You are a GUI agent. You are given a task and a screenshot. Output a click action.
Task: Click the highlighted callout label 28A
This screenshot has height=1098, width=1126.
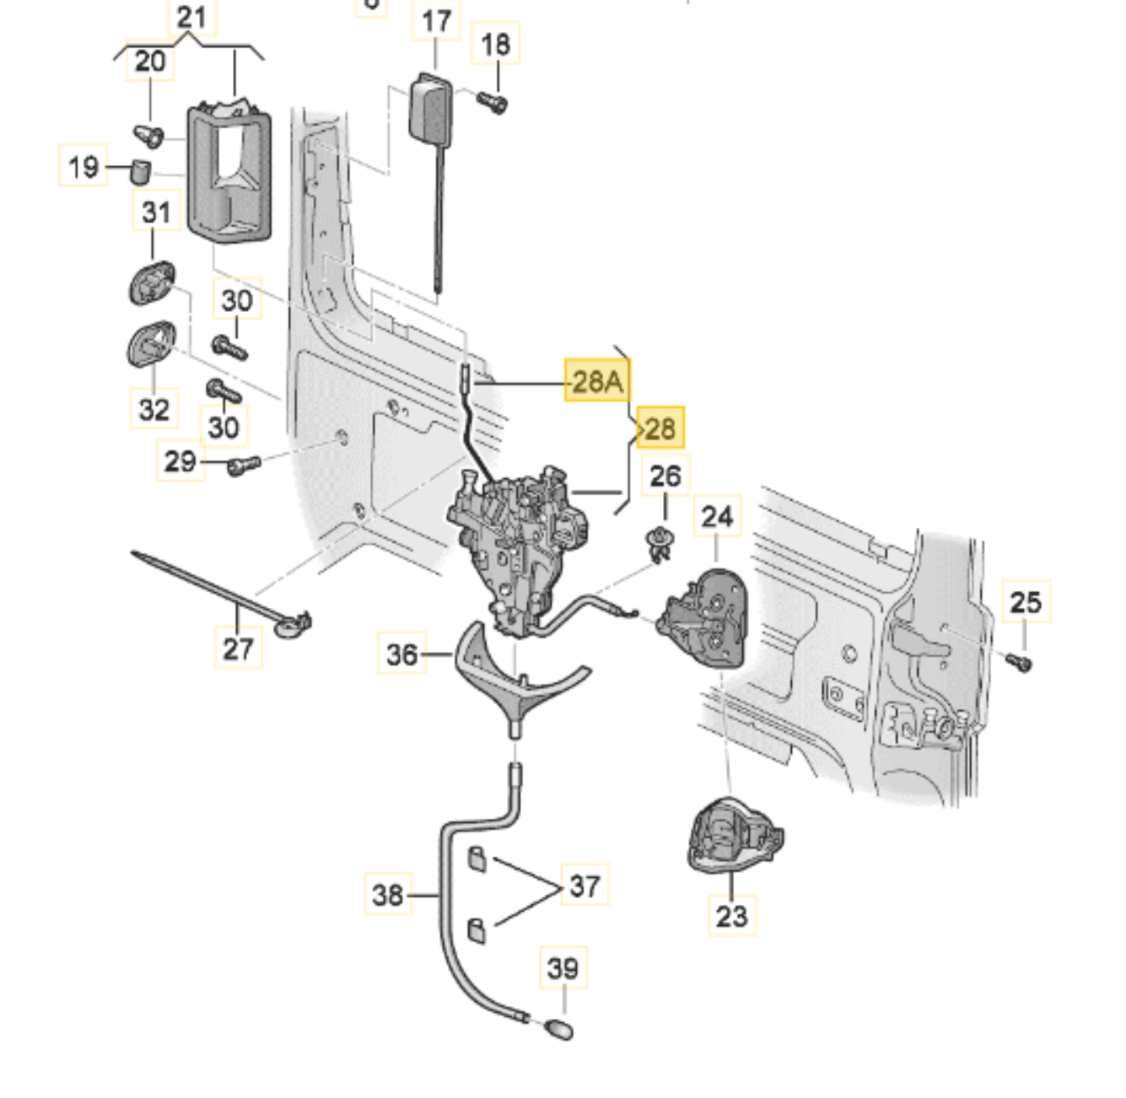tap(597, 381)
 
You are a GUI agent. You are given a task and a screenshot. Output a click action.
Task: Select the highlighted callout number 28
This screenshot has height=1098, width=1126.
tap(660, 428)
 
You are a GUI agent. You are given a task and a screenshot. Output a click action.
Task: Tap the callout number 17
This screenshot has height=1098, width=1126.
tap(436, 20)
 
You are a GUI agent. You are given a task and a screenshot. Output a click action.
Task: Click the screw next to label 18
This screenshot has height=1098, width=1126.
tap(493, 103)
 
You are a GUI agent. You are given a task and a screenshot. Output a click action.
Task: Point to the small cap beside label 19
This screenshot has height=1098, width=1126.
tap(140, 171)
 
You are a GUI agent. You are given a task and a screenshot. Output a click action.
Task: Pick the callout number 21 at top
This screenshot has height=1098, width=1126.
tap(191, 17)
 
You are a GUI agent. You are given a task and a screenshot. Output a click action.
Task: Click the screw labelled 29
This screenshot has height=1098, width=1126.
tap(244, 464)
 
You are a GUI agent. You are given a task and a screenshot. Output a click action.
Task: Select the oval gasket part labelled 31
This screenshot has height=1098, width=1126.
tap(152, 283)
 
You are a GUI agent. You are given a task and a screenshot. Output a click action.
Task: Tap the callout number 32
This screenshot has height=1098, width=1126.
tap(154, 409)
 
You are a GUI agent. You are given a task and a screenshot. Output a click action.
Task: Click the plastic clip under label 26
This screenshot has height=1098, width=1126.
tap(660, 542)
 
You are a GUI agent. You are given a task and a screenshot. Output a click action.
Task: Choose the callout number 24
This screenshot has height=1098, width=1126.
tap(717, 516)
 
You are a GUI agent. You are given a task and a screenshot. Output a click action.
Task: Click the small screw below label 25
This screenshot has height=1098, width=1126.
tap(1020, 662)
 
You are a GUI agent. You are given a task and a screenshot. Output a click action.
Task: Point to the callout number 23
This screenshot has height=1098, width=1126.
tap(731, 915)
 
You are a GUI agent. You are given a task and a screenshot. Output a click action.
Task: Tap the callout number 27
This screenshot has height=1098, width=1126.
tap(238, 648)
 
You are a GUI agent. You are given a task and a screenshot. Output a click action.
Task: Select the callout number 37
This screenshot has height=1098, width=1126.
tap(585, 885)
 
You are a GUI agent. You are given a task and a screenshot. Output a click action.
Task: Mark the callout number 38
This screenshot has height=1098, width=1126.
tap(388, 894)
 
